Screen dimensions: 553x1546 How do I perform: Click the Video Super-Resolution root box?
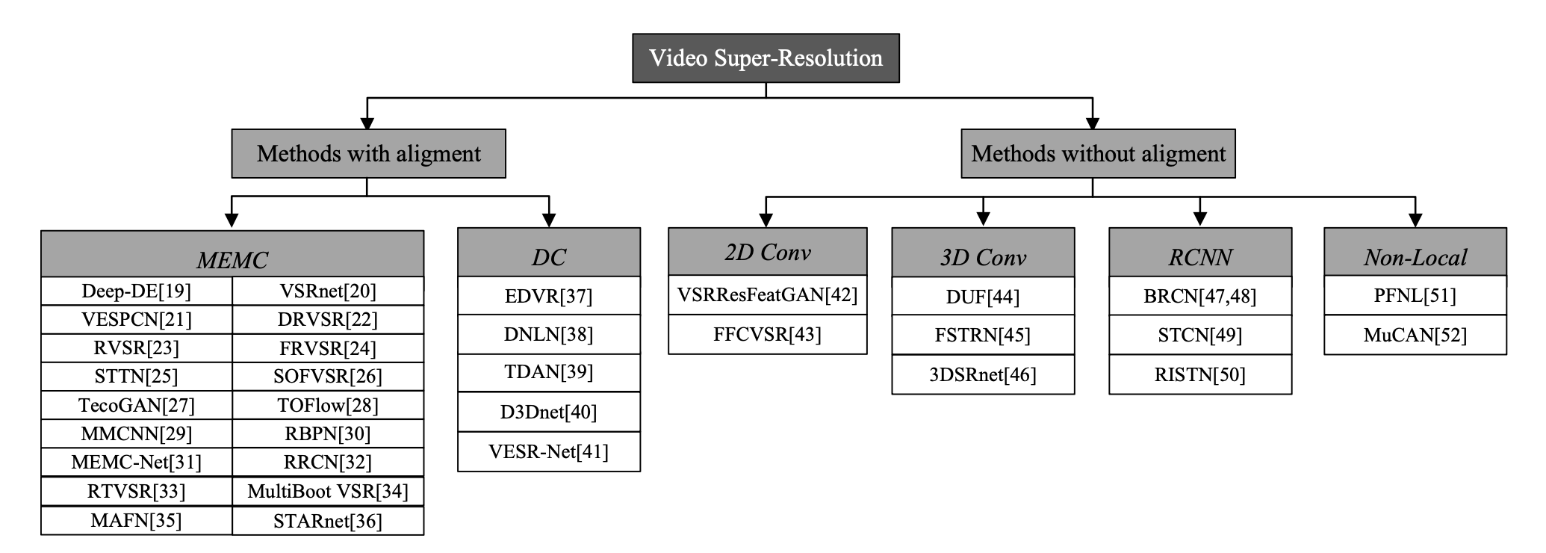click(x=766, y=58)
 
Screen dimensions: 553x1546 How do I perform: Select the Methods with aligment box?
click(x=368, y=154)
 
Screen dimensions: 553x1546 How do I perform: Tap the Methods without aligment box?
click(x=1098, y=154)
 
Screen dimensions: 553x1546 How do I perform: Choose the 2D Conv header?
click(x=768, y=253)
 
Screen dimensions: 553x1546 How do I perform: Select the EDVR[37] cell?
click(x=549, y=296)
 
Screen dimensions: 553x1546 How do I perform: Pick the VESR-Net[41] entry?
click(x=549, y=451)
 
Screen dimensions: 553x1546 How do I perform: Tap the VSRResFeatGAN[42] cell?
click(x=768, y=295)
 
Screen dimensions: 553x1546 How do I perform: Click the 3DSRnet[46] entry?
click(x=983, y=374)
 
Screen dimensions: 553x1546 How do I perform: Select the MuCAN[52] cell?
click(x=1415, y=335)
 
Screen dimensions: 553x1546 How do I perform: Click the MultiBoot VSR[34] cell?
click(x=328, y=491)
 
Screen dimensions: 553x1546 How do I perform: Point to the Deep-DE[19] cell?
click(x=137, y=291)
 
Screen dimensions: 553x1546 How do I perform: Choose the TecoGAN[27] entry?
click(x=137, y=405)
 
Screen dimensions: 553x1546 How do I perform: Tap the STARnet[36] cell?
click(x=328, y=521)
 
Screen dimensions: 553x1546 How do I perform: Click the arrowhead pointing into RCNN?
click(x=1200, y=219)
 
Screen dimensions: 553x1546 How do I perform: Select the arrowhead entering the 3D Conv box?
click(x=983, y=219)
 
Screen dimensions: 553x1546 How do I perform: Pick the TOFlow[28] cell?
click(x=328, y=405)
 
